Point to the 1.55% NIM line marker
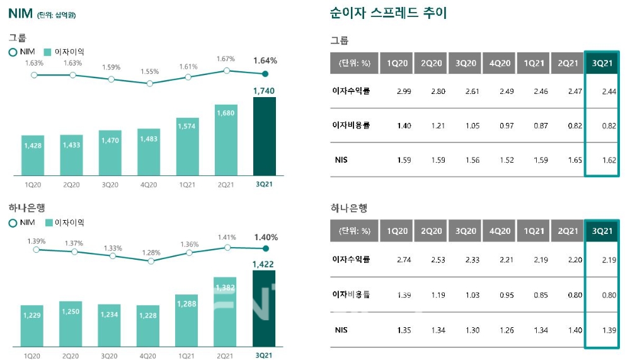click(x=149, y=83)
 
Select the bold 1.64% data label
click(x=265, y=61)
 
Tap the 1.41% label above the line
click(x=226, y=237)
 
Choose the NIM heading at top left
click(x=20, y=13)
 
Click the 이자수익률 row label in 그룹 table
click(x=351, y=91)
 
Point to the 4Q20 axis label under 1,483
click(x=149, y=184)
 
